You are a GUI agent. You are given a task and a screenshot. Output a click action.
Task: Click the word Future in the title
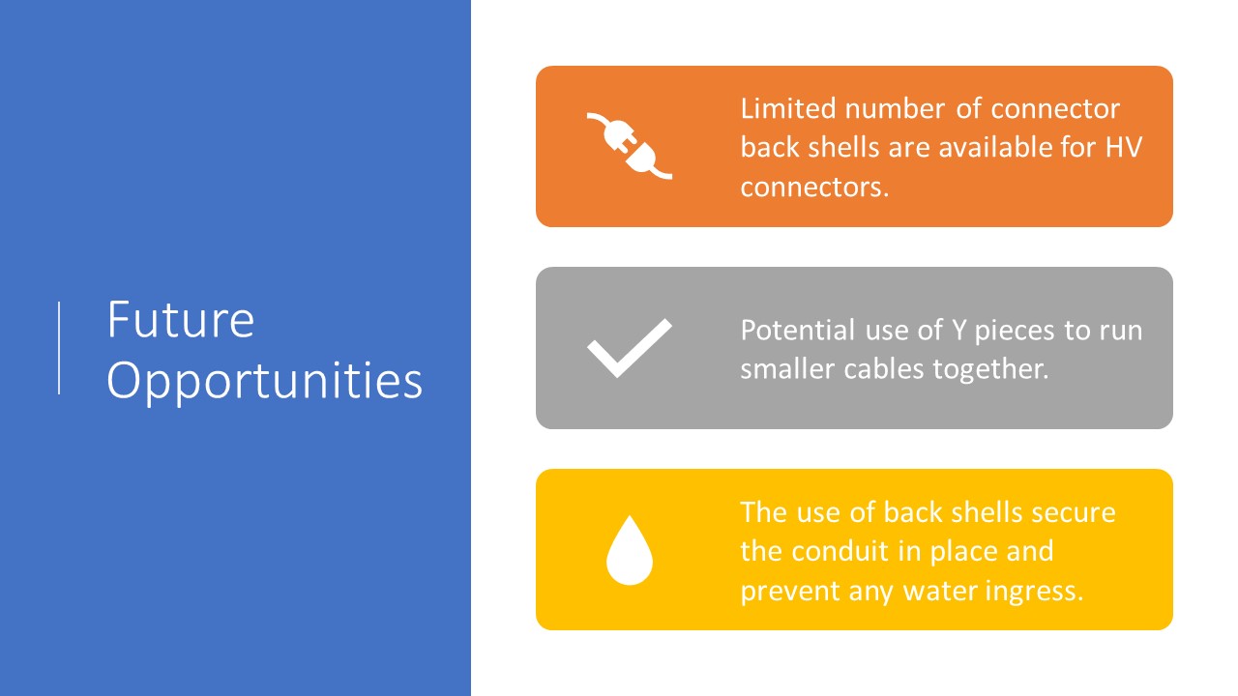pos(181,319)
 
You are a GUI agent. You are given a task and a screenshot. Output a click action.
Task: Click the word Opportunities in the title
pos(265,382)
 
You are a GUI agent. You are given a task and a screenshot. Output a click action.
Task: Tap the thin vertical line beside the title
pos(59,348)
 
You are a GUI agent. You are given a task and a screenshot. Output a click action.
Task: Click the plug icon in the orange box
pos(630,146)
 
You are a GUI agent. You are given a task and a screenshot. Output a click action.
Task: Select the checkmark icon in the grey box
pos(630,348)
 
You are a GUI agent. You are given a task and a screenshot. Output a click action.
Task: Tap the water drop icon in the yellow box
pos(630,550)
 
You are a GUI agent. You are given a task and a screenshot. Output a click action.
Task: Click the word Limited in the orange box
pos(788,108)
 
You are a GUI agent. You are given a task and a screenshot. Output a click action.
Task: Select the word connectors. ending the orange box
pos(814,188)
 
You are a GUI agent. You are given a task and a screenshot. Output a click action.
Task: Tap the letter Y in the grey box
pos(958,331)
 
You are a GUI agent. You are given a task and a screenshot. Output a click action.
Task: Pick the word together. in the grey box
pos(991,370)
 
